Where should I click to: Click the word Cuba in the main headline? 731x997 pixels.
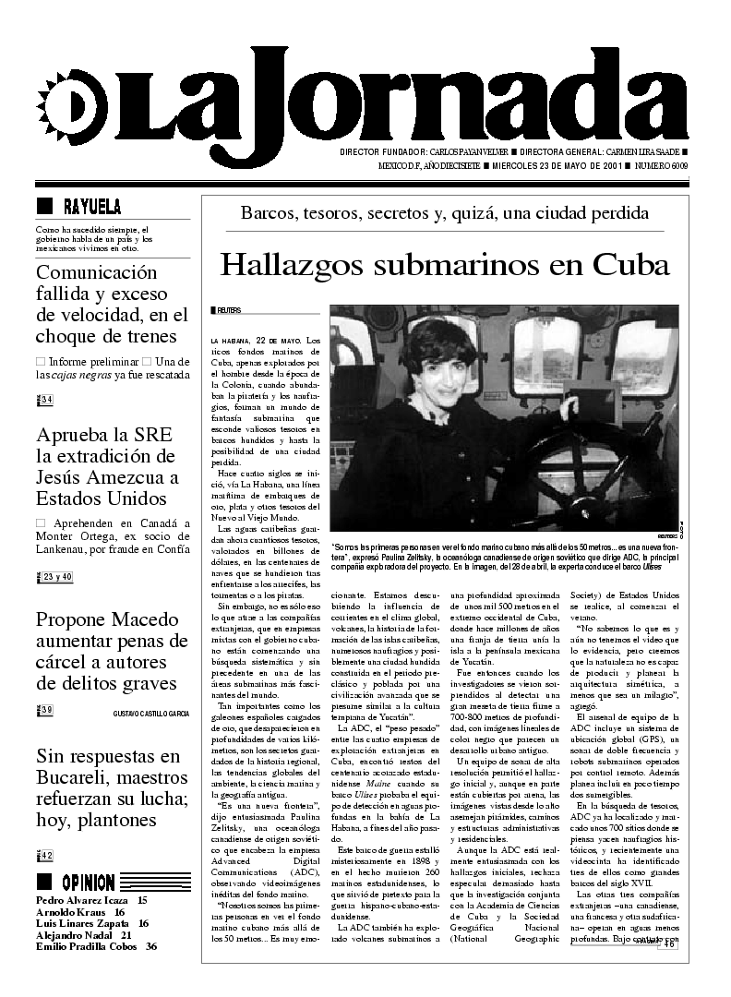point(630,264)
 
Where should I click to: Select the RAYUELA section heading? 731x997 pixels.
point(91,206)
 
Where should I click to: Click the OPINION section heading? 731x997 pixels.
point(89,882)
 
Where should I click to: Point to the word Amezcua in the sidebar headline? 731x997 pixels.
point(137,478)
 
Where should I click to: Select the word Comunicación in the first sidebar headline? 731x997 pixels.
point(97,272)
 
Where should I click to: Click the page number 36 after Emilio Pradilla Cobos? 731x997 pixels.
point(150,946)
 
